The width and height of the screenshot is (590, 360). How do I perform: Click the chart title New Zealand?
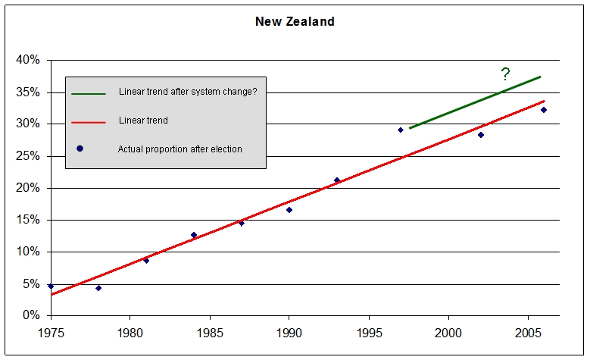295,21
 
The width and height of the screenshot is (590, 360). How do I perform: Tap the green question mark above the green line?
505,74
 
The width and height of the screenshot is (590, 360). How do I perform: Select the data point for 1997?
401,130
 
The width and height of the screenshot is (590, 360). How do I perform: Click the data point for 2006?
544,110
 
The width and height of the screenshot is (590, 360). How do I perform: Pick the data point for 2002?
480,135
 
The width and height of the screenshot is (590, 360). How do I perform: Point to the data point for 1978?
98,288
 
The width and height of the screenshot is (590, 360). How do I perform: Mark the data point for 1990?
289,210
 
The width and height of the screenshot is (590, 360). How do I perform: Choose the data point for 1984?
194,235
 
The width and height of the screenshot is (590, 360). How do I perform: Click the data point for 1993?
337,180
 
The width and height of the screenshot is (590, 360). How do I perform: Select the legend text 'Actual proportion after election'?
179,149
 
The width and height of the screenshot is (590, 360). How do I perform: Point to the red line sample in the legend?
88,121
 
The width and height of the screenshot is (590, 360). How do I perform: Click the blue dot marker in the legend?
80,149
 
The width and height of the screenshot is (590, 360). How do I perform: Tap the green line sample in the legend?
88,93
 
